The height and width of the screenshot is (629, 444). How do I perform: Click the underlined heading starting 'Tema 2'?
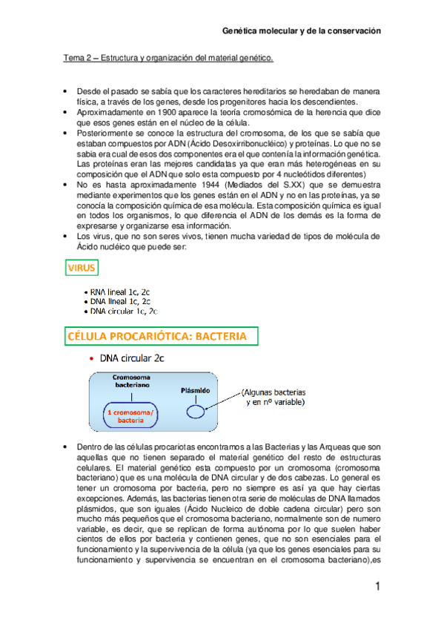point(167,56)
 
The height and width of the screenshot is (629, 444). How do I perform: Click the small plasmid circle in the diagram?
point(195,411)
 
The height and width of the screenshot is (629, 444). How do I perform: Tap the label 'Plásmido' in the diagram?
point(195,390)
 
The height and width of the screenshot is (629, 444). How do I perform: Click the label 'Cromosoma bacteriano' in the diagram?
point(130,381)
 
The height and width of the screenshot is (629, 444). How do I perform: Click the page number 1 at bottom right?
point(377,587)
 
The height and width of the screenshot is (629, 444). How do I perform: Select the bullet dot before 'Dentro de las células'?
point(67,447)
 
